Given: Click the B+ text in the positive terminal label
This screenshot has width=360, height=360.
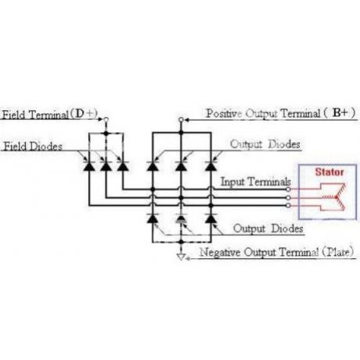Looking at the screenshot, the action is click(340, 113).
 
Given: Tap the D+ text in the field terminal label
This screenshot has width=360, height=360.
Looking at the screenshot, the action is click(85, 113).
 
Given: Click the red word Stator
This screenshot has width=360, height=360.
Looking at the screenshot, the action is click(329, 172).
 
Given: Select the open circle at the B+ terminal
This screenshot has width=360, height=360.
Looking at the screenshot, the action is click(181, 120).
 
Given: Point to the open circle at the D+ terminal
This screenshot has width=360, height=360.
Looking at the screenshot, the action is click(106, 120).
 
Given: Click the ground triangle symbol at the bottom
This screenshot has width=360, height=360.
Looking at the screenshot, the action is click(181, 257).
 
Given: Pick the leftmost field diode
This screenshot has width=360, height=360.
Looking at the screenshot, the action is click(89, 166).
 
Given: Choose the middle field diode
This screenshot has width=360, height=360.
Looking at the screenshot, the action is click(106, 166).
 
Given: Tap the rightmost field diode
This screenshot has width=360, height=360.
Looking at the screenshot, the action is click(123, 166).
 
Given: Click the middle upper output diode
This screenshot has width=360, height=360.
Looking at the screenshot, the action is click(181, 166).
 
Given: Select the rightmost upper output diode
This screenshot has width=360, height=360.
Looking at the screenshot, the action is click(211, 166).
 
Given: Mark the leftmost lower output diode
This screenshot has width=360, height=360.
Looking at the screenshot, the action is click(153, 218).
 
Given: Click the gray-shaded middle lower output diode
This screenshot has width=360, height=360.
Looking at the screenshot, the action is click(181, 218).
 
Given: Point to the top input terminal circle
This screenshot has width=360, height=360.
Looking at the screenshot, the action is click(288, 189).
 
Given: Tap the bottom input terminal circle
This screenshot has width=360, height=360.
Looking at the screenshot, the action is click(288, 206).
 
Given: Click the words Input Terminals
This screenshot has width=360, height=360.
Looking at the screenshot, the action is click(256, 182).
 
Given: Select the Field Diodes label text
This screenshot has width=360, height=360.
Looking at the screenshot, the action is click(33, 146).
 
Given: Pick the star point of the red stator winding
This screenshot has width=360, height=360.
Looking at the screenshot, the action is click(337, 197).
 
